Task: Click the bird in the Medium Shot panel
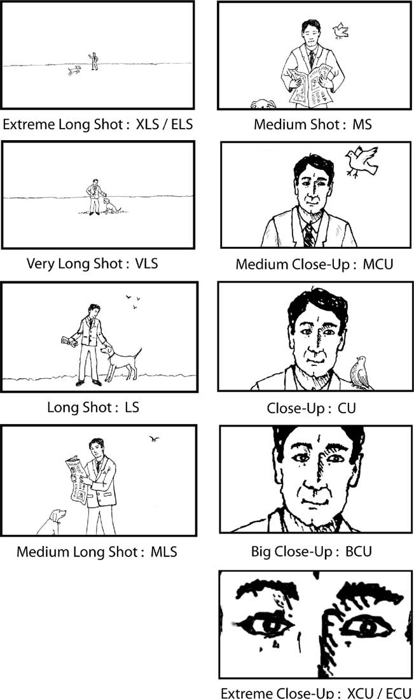coord(341,29)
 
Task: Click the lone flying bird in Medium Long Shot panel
coord(153,438)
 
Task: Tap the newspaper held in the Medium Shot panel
coord(310,85)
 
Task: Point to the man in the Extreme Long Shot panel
coord(94,60)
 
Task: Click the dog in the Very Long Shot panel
coord(111,206)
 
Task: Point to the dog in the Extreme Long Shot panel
coord(74,71)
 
